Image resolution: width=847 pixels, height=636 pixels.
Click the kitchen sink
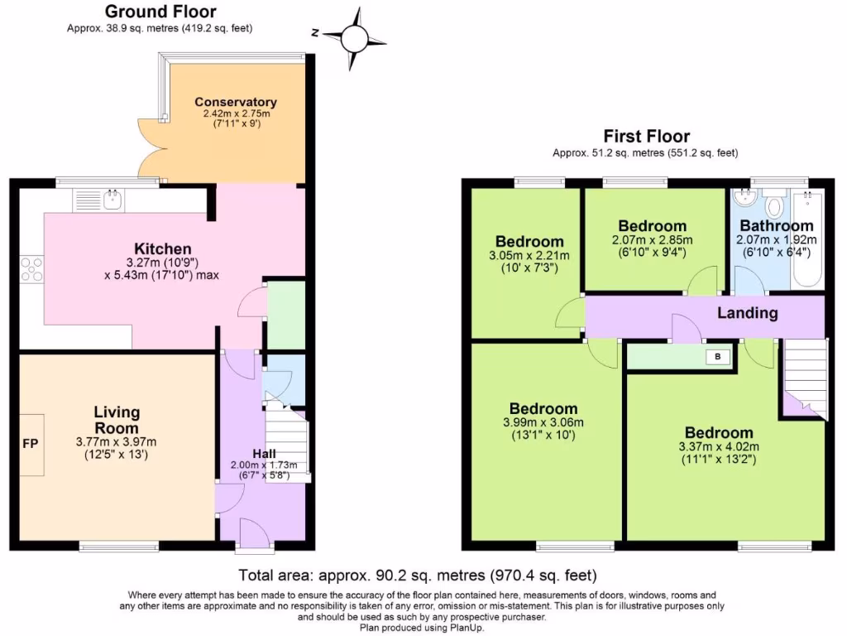[112, 200]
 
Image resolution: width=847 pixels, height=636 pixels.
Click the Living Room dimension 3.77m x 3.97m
[116, 441]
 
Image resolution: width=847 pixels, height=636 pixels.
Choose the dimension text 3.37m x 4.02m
[719, 448]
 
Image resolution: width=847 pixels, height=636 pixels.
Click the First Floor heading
[646, 137]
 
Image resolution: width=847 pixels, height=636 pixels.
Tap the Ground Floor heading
[160, 12]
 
